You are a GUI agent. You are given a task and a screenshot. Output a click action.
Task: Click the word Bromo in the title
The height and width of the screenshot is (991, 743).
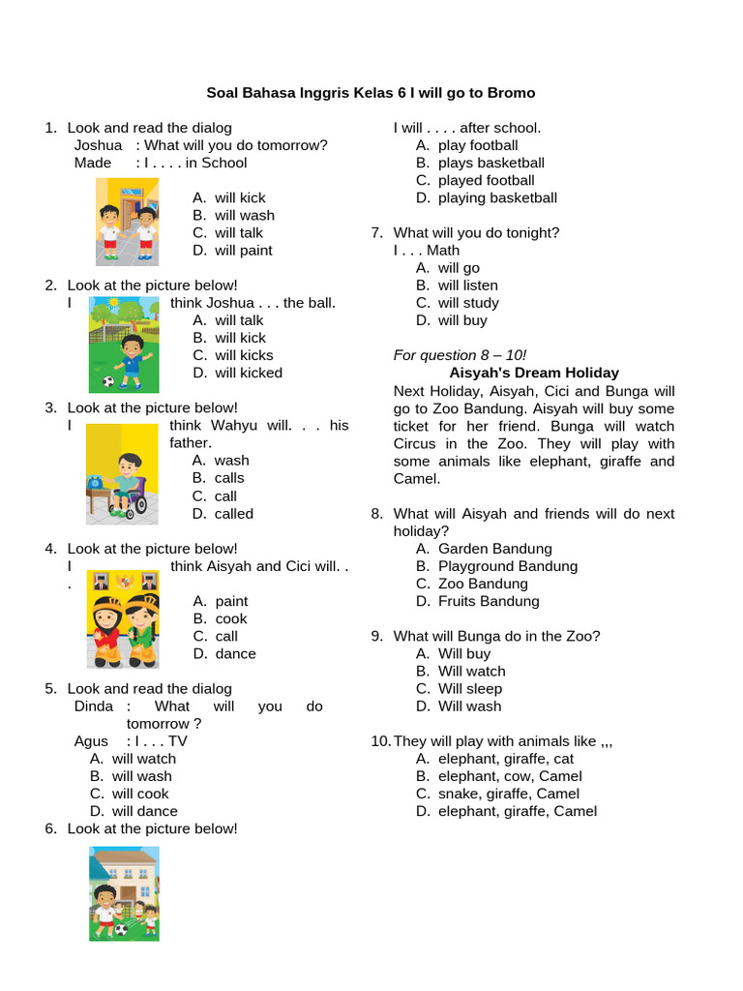(511, 93)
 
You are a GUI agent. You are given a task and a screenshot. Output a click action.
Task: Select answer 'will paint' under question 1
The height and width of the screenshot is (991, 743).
(243, 251)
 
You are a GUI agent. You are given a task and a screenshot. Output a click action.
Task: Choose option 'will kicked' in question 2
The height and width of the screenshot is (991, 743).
(249, 373)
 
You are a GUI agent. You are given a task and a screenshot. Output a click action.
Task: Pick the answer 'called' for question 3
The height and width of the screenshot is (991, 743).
(233, 514)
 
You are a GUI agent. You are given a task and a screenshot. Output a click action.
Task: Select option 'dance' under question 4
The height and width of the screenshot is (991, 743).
(235, 654)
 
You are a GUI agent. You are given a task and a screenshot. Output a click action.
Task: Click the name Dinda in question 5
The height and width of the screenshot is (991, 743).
(94, 706)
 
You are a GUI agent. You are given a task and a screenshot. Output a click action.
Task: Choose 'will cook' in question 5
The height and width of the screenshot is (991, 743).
(139, 794)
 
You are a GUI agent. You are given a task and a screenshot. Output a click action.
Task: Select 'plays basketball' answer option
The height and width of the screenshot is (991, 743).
(490, 163)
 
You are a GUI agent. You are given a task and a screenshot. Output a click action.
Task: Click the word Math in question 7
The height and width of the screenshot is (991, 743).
(443, 251)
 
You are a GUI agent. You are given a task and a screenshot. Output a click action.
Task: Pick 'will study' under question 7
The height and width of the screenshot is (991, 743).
(468, 303)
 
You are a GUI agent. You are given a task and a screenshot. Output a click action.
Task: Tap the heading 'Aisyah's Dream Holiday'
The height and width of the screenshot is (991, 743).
(534, 373)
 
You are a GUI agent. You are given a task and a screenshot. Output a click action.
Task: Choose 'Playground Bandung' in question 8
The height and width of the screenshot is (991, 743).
(507, 566)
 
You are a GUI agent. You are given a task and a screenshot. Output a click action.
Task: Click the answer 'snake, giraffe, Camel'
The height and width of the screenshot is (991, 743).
(508, 794)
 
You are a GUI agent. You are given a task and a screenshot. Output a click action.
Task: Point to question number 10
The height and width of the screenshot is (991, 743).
(379, 741)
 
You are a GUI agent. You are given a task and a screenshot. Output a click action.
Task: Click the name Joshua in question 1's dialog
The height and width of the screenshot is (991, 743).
(98, 145)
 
